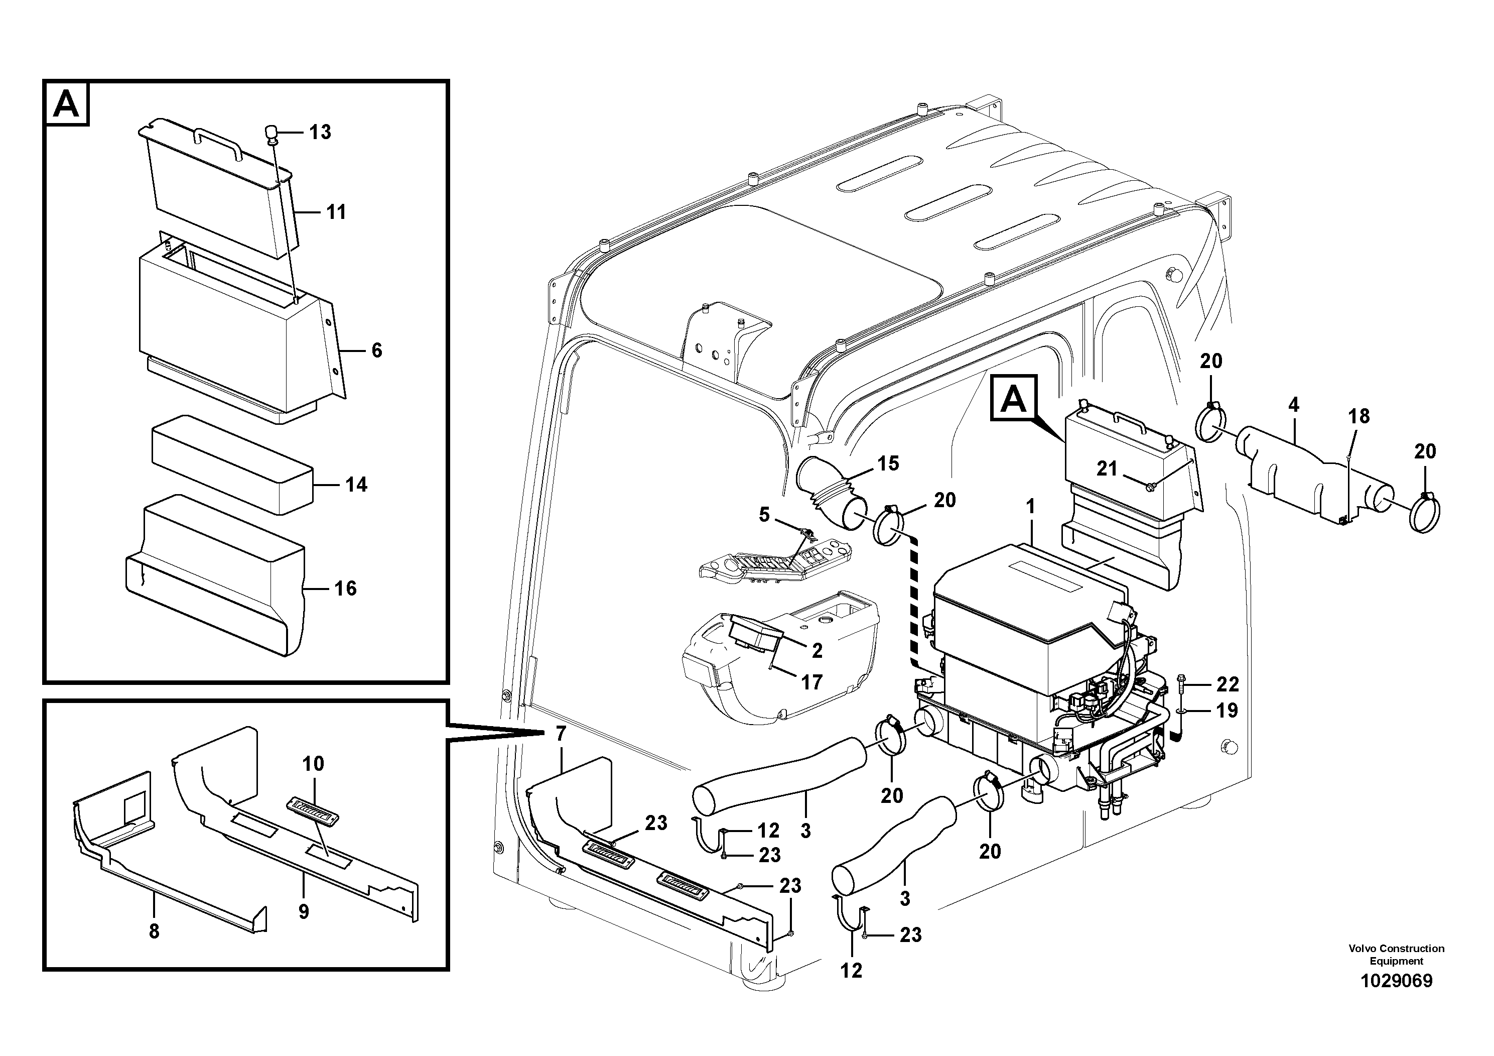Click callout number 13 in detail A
point(320,132)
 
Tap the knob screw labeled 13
point(271,134)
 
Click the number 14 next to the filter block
point(356,485)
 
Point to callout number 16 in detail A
point(345,589)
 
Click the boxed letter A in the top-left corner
point(66,103)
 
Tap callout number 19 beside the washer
point(1227,711)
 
